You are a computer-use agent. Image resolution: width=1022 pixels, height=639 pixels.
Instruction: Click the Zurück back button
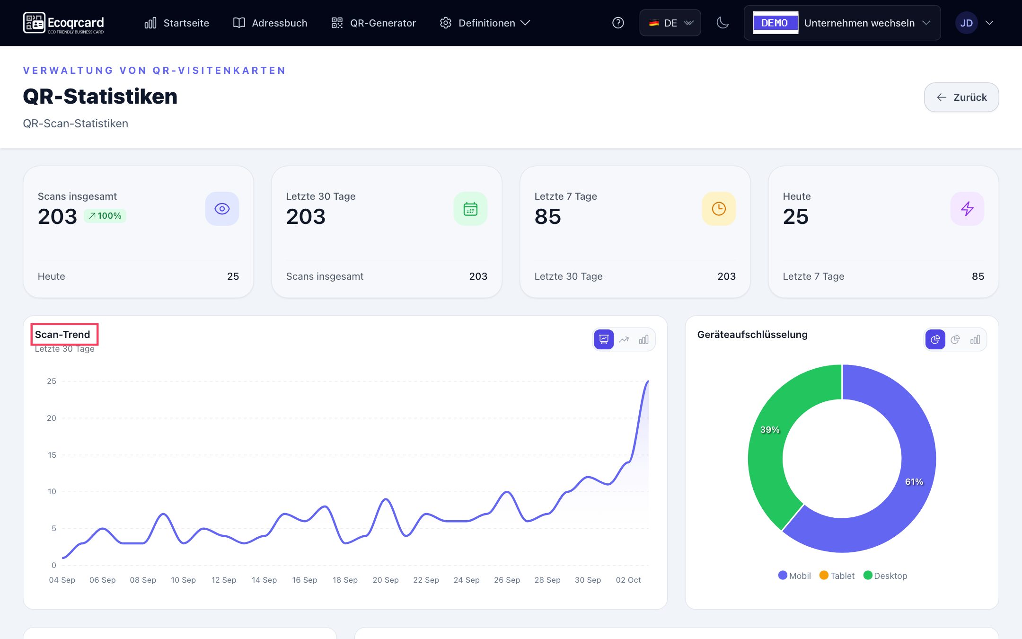[961, 98]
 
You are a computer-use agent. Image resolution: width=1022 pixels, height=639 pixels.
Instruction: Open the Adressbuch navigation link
[270, 23]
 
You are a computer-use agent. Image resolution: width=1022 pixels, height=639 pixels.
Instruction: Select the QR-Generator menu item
[373, 23]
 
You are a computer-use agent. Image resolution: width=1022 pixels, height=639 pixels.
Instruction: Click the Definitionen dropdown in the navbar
[485, 23]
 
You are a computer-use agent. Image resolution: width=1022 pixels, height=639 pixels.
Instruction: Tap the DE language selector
[670, 23]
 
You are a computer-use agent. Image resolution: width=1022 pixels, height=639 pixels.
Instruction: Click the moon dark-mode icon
[722, 23]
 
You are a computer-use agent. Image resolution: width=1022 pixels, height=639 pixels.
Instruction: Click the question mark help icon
[618, 23]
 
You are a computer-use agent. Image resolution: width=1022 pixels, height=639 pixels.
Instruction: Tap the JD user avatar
[966, 23]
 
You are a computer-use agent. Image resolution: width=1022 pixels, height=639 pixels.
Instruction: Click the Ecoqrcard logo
[63, 23]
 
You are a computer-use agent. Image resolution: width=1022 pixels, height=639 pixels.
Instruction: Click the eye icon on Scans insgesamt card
[222, 209]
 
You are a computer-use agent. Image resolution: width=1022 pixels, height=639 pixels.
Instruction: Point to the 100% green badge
[105, 216]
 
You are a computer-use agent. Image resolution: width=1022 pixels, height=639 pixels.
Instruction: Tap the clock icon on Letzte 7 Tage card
[719, 209]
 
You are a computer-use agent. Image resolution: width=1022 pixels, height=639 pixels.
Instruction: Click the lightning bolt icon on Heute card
[967, 209]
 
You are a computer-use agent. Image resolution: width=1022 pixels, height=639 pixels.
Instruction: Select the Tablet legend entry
[837, 576]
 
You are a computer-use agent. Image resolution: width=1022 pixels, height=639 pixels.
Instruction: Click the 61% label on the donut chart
[914, 482]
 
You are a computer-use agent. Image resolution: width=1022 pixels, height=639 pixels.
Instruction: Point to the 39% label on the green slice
[769, 430]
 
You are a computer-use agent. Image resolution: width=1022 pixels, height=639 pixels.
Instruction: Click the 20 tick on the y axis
[51, 418]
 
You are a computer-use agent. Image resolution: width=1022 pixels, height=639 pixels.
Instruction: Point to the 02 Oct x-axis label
[628, 580]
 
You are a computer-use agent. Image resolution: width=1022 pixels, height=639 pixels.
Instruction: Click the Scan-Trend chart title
[62, 335]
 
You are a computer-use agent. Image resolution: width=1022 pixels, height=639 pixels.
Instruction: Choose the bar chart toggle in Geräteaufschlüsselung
[975, 339]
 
